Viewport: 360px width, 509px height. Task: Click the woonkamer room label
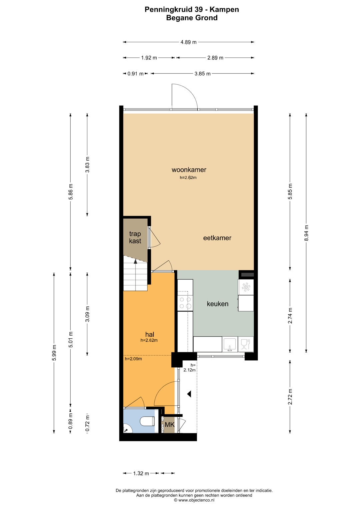coord(189,170)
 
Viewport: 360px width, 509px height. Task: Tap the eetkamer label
coord(217,238)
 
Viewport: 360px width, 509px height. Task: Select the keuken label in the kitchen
coord(217,304)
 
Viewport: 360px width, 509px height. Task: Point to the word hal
coord(150,334)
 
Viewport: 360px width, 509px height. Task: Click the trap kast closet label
coord(135,237)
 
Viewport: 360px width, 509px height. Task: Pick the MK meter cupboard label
coord(170,424)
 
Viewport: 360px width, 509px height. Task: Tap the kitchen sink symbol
coord(230,344)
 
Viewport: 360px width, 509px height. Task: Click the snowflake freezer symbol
coord(246,287)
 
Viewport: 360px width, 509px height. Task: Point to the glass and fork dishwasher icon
coord(245,344)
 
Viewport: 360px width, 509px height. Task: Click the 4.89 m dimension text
coord(188,42)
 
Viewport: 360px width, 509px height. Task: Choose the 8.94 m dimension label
coord(306,233)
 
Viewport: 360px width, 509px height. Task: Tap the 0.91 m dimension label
coord(135,74)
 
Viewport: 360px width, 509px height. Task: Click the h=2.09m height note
coord(133,359)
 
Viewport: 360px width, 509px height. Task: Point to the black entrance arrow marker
coord(189,394)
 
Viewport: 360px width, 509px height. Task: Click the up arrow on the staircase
coord(135,261)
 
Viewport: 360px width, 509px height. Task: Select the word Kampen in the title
coord(224,10)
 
